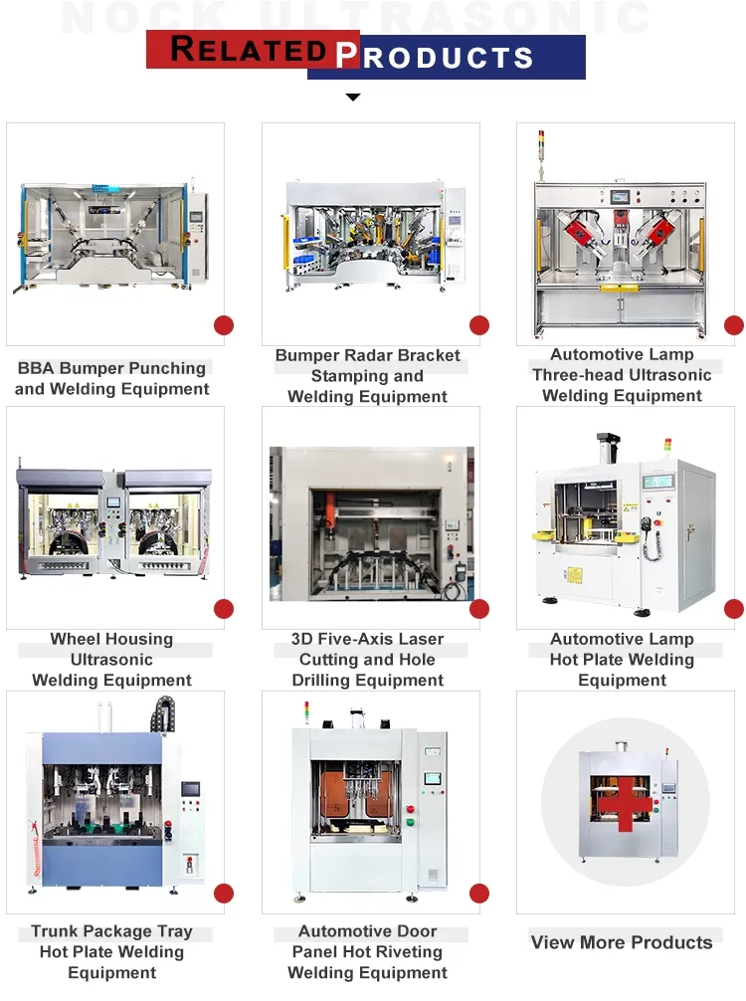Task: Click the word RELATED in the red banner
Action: click(x=249, y=49)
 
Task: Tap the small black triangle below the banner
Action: click(x=352, y=98)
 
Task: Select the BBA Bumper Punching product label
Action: click(x=112, y=378)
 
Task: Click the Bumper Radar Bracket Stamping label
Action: click(x=368, y=376)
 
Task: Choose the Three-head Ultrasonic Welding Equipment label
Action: click(x=622, y=375)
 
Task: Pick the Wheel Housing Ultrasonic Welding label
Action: click(x=112, y=660)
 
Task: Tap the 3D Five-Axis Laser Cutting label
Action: click(x=368, y=660)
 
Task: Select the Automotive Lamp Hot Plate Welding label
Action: click(x=622, y=660)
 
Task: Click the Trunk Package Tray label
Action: click(x=112, y=952)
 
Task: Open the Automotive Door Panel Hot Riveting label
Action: click(x=368, y=952)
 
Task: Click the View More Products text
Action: click(x=622, y=942)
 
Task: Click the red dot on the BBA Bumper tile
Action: click(x=224, y=325)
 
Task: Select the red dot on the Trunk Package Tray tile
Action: click(x=224, y=894)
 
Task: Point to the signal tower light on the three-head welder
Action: click(x=543, y=142)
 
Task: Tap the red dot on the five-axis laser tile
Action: click(x=479, y=609)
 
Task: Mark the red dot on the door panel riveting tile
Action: click(x=479, y=894)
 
